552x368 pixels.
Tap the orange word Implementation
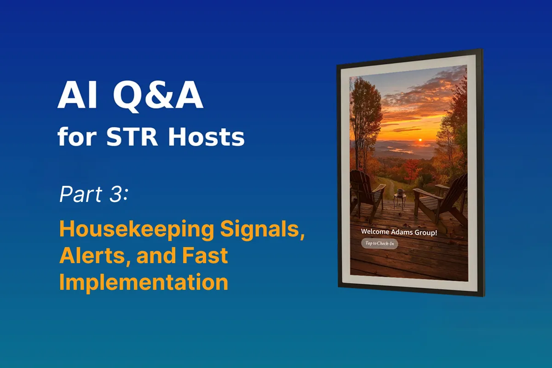point(144,282)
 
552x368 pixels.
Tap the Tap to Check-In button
point(379,243)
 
